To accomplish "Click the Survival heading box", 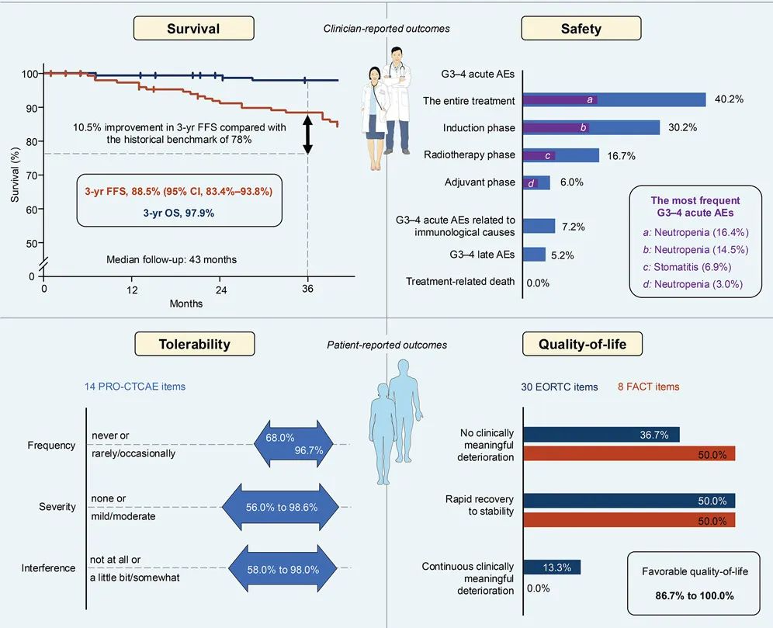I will click(193, 28).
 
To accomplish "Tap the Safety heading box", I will click(581, 28).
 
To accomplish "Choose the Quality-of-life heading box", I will click(581, 343).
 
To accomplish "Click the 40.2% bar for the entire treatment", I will click(614, 100).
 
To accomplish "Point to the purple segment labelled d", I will click(531, 183).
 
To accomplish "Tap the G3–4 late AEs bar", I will click(534, 254).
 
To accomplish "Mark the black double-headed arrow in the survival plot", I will click(307, 134).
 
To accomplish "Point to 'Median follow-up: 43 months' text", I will click(172, 259).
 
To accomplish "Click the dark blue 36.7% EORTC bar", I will click(601, 435).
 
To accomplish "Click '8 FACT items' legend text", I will click(649, 386).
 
